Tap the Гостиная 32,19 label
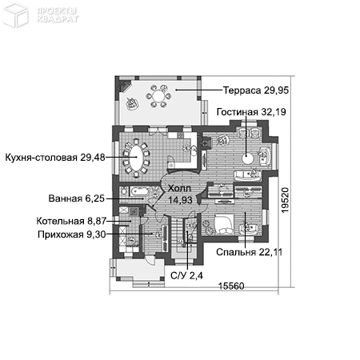click(250, 112)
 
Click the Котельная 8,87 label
click(70, 221)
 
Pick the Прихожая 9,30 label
click(71, 234)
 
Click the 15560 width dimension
click(232, 286)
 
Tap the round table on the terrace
click(158, 98)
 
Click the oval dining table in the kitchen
click(140, 158)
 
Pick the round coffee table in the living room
click(249, 157)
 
